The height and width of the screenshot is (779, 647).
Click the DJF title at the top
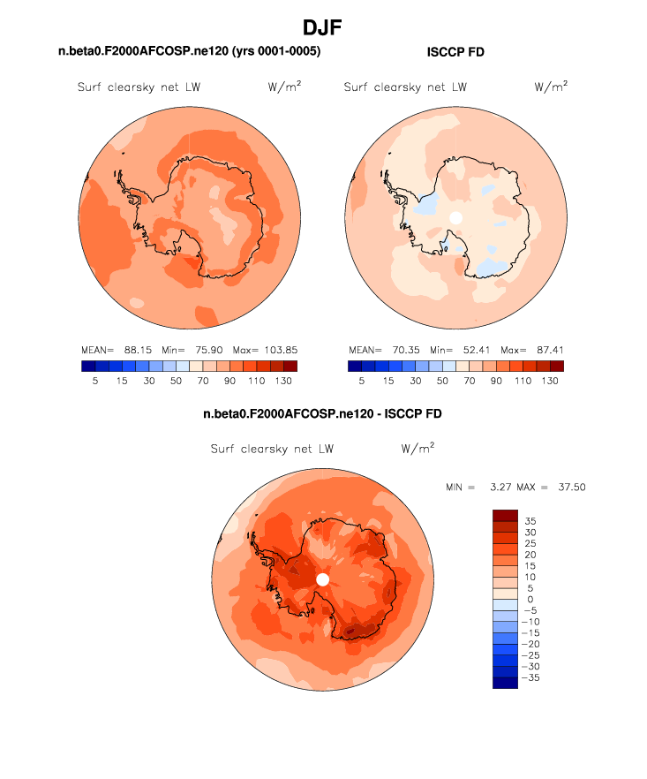click(322, 27)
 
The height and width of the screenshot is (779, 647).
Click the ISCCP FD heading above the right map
click(455, 53)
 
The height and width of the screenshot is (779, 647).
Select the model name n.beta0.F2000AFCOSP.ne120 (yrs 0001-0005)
click(189, 52)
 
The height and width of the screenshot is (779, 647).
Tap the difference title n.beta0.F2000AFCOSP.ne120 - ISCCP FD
click(322, 413)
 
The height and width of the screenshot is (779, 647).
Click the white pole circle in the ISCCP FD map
click(455, 217)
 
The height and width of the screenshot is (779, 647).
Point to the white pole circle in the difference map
click(322, 579)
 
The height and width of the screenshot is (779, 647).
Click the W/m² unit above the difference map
click(418, 449)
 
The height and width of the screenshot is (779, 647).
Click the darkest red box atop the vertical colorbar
click(506, 515)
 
